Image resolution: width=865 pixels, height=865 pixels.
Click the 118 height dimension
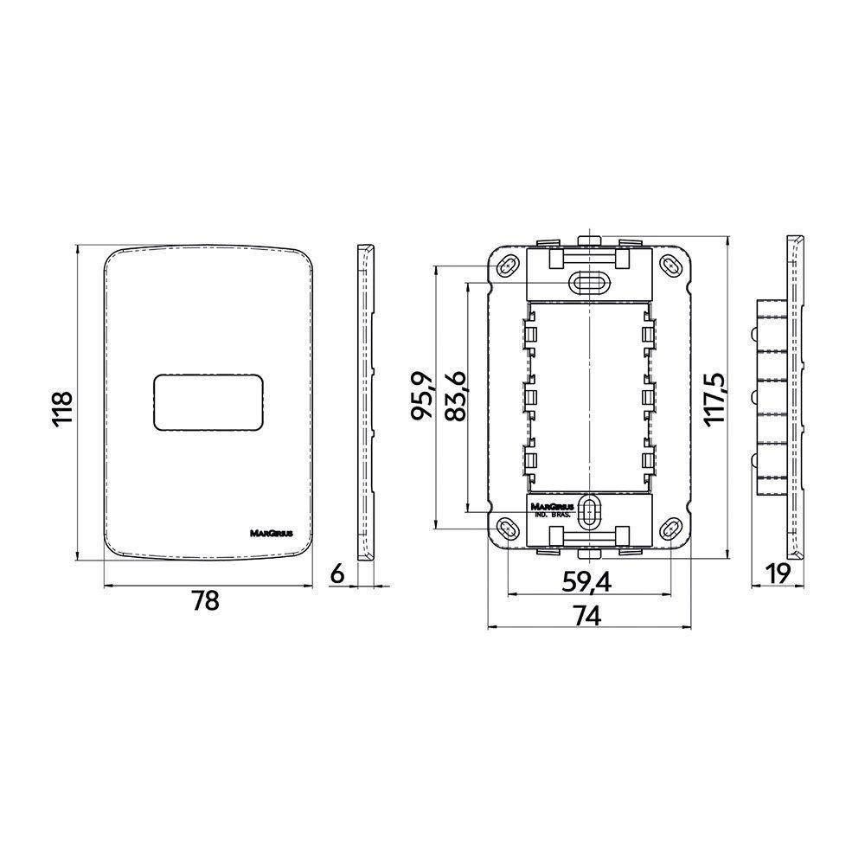pos(61,408)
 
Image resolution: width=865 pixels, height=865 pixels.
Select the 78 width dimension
pos(205,601)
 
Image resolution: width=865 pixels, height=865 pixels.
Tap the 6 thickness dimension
pos(337,574)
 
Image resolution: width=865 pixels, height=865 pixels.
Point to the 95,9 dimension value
pos(423,396)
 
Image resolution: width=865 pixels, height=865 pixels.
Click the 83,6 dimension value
pos(456,397)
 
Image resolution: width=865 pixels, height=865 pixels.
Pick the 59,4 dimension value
pos(586,582)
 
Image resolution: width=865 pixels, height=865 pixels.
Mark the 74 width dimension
pos(587,616)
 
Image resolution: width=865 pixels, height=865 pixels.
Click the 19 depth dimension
pos(778,574)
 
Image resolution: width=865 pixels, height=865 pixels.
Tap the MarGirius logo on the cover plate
pos(272,534)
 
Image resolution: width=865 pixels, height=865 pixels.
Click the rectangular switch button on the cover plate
pos(208,402)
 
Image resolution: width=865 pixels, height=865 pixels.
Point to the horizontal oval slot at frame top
pos(589,283)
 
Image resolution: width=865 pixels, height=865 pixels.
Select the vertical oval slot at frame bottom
pos(589,511)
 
